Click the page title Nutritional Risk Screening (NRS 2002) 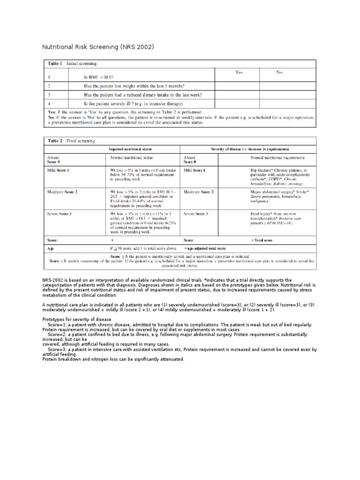(x=98, y=47)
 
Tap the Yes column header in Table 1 (x=239, y=72)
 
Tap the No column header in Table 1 (x=279, y=72)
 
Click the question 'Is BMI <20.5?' (x=98, y=76)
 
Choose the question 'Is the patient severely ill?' (x=133, y=104)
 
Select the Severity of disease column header (x=249, y=149)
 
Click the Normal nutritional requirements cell (x=277, y=158)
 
